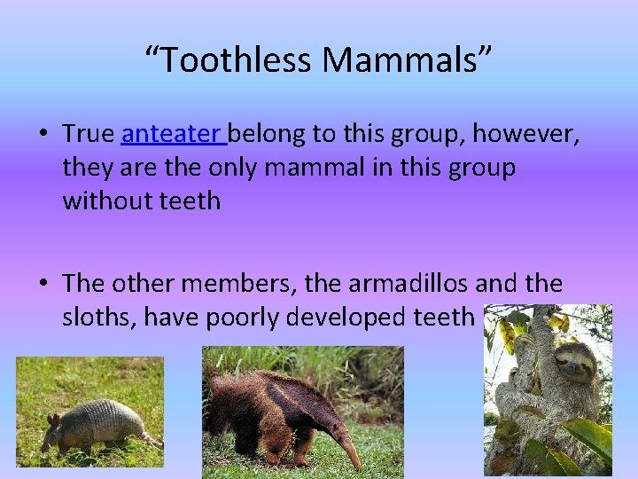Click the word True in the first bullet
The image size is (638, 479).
[x=89, y=134]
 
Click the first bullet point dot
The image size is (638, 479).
[x=43, y=135]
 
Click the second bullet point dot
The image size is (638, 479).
[x=43, y=285]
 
